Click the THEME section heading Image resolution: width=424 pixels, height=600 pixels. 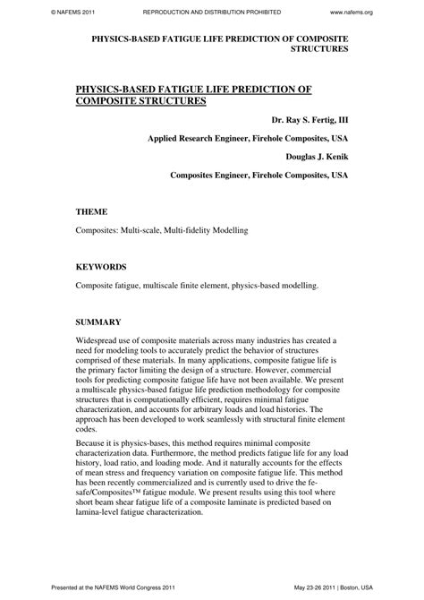click(x=92, y=212)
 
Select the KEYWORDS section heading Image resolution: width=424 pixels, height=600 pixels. click(x=100, y=267)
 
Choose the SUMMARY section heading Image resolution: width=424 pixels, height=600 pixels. click(x=98, y=321)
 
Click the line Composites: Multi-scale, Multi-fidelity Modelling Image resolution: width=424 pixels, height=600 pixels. click(x=161, y=231)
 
